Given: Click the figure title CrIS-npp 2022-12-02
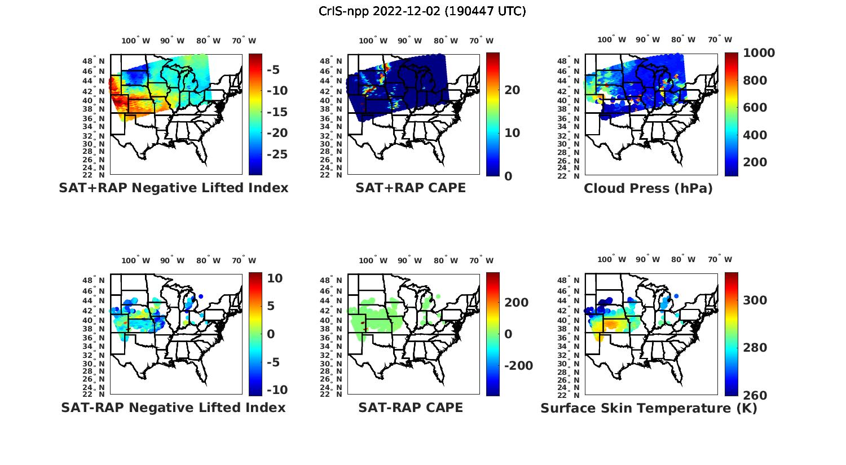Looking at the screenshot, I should point(422,11).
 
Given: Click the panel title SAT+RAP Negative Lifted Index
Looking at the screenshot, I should point(174,188).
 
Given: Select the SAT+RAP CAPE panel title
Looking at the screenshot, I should point(411,188).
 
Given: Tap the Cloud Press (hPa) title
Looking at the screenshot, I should point(648,188).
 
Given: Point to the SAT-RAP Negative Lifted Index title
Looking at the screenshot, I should point(173,408).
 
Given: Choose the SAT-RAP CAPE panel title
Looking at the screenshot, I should point(411,408).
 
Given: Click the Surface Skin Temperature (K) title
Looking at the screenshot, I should point(649,408).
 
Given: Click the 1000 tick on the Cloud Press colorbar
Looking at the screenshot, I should point(759,53).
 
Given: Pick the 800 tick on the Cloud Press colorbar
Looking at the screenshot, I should point(755,81).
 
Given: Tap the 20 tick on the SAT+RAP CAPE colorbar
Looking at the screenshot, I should point(512,90).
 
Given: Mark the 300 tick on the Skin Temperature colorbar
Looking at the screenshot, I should point(755,300).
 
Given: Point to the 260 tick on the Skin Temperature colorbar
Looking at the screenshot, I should point(755,396).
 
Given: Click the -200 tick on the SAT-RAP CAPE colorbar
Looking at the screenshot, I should point(518,366).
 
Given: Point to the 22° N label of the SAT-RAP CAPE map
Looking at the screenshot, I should point(335,395).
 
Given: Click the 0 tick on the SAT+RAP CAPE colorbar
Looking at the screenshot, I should point(508,176).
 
